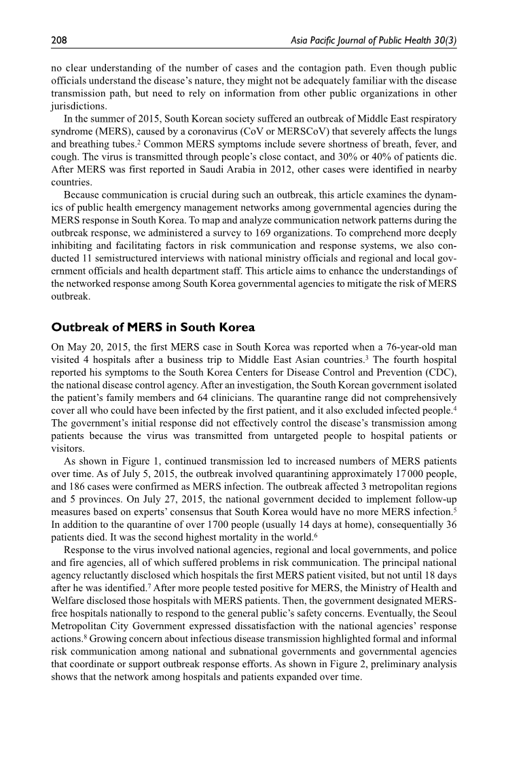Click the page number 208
(59, 41)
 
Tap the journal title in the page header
(372, 41)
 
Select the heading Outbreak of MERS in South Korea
(153, 328)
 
